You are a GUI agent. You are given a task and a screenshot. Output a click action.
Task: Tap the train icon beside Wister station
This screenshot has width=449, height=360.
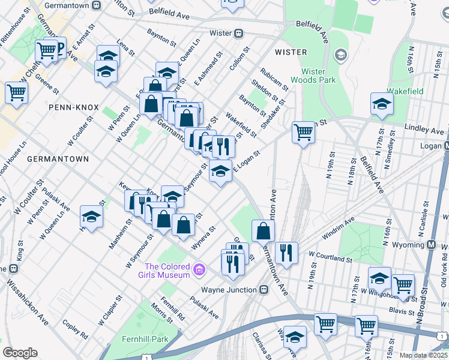pyautogui.click(x=238, y=33)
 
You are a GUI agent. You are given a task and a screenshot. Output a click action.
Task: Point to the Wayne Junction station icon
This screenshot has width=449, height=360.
pyautogui.click(x=264, y=289)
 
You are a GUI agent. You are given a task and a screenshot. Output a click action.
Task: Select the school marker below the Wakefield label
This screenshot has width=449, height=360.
pyautogui.click(x=382, y=105)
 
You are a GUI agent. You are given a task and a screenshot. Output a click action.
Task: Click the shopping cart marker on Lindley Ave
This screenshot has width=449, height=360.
pyautogui.click(x=304, y=132)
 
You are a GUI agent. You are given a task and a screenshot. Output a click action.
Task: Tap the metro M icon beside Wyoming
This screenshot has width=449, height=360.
pyautogui.click(x=431, y=245)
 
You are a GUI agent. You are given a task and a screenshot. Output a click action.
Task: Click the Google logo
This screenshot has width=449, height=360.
pyautogui.click(x=20, y=352)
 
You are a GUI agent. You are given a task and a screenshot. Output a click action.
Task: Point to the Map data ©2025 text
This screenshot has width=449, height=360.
pyautogui.click(x=423, y=355)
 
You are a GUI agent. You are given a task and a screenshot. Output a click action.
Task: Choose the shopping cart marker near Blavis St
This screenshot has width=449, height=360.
pyautogui.click(x=403, y=285)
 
